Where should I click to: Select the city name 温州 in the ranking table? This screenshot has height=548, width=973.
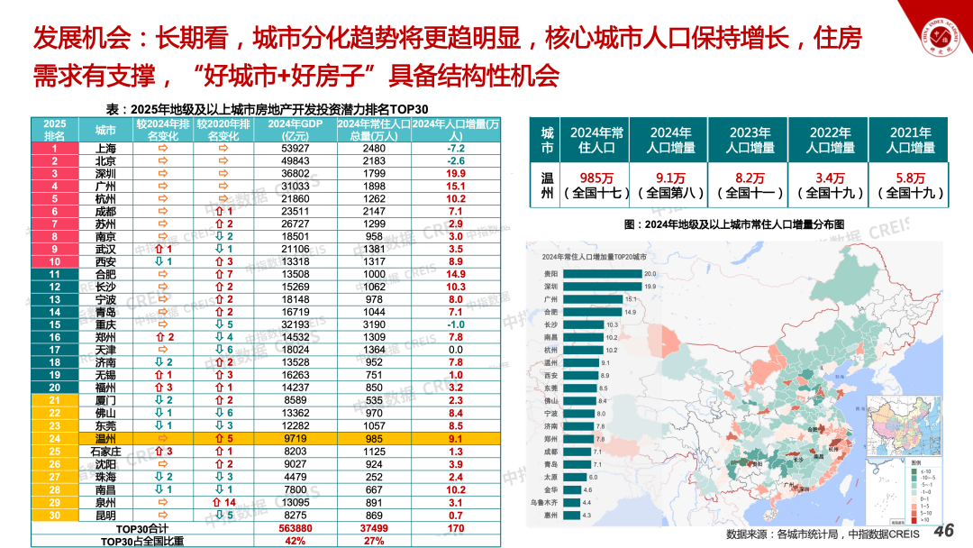pyautogui.click(x=105, y=439)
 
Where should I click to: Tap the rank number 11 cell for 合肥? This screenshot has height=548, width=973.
pyautogui.click(x=55, y=274)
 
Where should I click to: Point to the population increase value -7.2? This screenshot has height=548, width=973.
pyautogui.click(x=455, y=148)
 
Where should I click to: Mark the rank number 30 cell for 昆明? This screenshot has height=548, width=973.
pyautogui.click(x=55, y=516)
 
